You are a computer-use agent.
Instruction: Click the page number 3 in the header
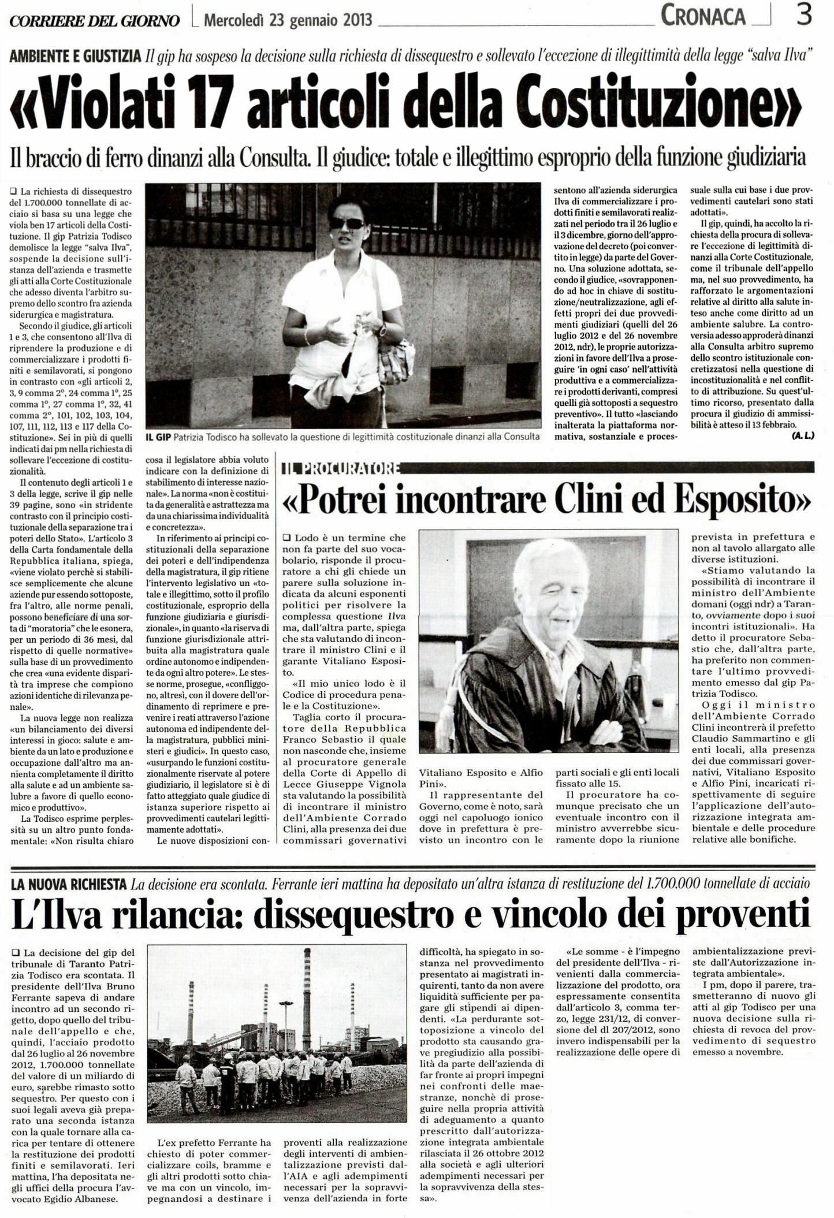click(804, 15)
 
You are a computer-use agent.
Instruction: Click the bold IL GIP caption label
click(158, 437)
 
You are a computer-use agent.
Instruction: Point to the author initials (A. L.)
click(803, 435)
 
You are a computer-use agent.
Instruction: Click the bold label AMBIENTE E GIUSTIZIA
click(76, 56)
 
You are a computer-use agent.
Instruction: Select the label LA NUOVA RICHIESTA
click(69, 884)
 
